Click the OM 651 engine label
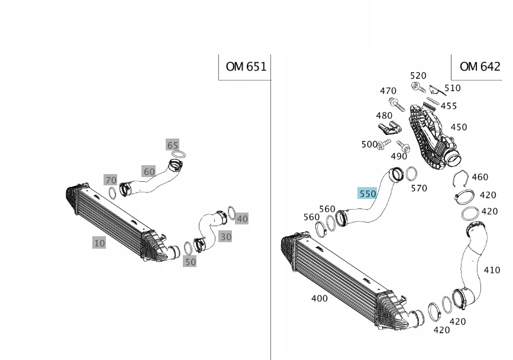[x=246, y=66]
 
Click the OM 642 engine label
[x=479, y=66]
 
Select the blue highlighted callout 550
[x=367, y=194]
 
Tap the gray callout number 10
[x=99, y=242]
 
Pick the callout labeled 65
[x=172, y=145]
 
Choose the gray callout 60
[x=149, y=172]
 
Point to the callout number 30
[x=225, y=236]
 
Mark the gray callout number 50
[x=189, y=261]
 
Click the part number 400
[x=319, y=298]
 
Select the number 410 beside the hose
[x=492, y=270]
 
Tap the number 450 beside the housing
[x=459, y=127]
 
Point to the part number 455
[x=449, y=106]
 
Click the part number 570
[x=418, y=188]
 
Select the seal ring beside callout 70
[x=112, y=192]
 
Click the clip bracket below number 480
[x=385, y=128]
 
